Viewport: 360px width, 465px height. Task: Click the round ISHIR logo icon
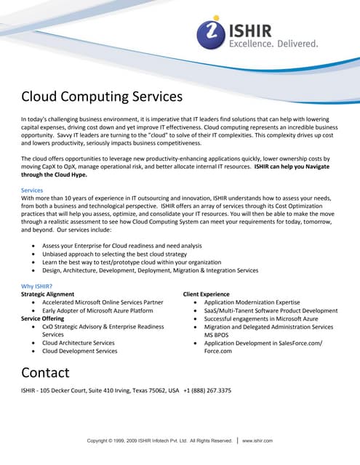[212, 33]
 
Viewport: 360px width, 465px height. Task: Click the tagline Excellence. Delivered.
[273, 44]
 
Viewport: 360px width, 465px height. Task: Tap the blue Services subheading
[33, 190]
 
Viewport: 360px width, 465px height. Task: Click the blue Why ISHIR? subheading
[38, 286]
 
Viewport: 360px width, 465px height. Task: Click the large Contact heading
[45, 373]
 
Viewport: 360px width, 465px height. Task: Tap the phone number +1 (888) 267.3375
[207, 391]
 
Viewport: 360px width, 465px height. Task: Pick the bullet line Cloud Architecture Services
[78, 343]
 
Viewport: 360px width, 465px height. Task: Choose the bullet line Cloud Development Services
[79, 351]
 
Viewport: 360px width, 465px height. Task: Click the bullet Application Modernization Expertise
[252, 302]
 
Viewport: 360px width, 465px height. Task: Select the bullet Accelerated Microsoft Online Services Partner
[103, 302]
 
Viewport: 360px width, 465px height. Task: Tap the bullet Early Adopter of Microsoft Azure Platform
[97, 310]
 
